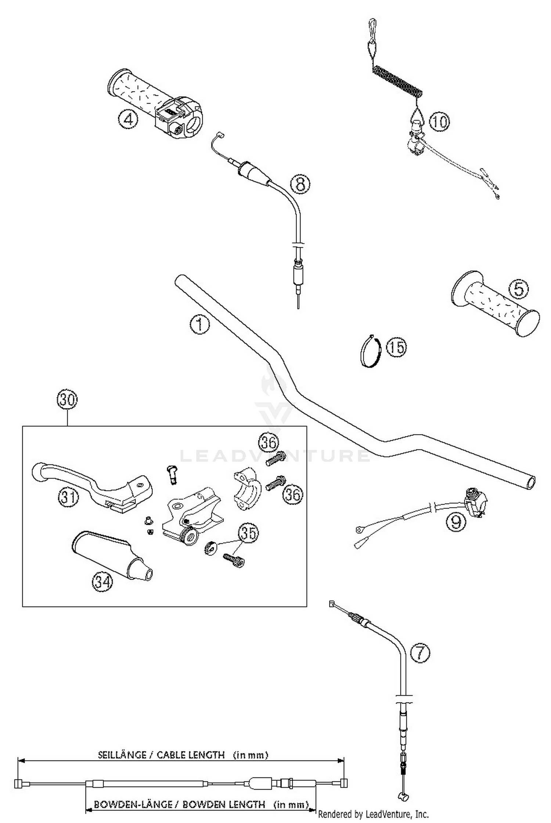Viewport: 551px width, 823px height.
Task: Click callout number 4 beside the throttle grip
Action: (x=127, y=120)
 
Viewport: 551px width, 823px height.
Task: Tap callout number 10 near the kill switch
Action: (x=439, y=121)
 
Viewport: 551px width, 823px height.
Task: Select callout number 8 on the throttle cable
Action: (x=300, y=184)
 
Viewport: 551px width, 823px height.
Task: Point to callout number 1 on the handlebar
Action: (x=199, y=325)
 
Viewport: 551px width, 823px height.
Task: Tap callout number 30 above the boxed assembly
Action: (x=67, y=400)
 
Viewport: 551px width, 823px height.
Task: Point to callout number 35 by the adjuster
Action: (x=248, y=533)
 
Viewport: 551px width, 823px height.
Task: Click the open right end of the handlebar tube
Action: (x=530, y=482)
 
